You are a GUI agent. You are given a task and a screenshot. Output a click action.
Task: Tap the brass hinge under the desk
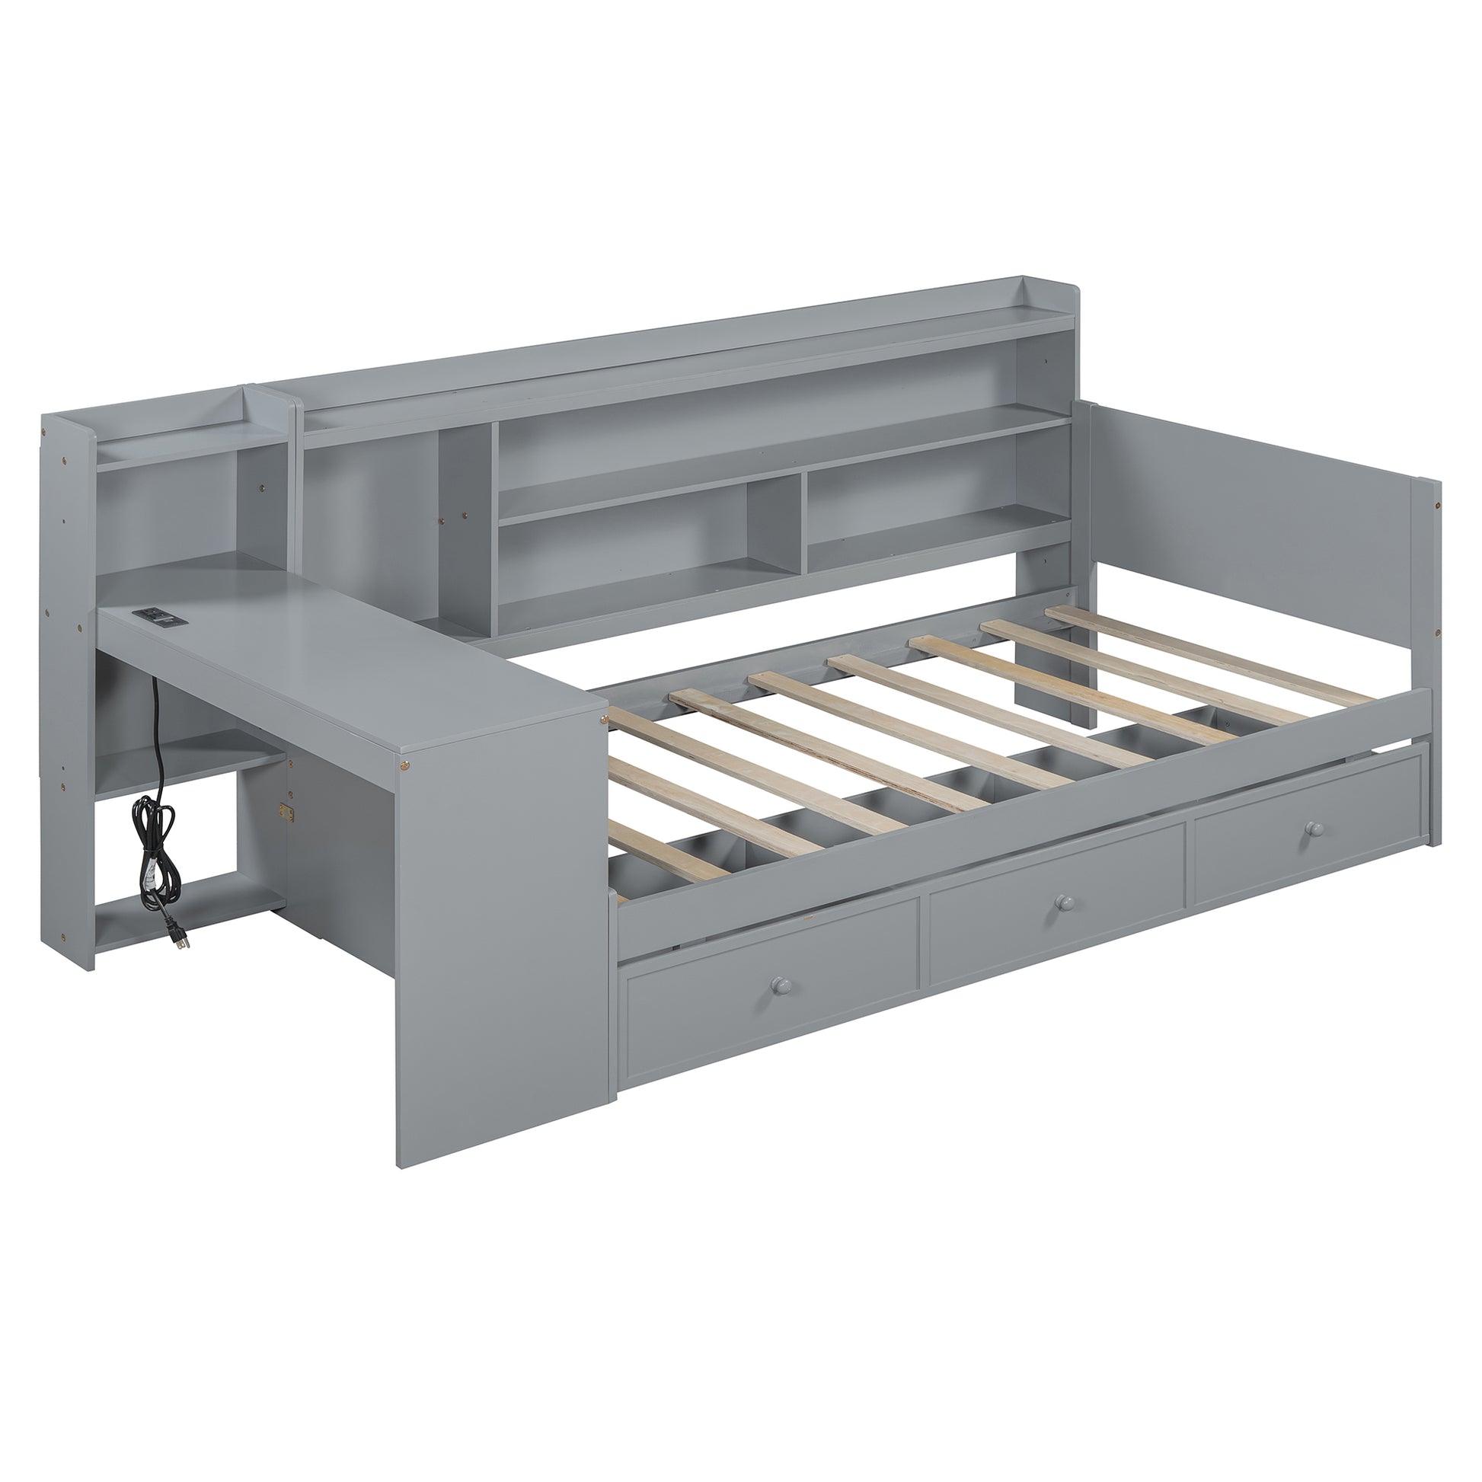coord(287,810)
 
